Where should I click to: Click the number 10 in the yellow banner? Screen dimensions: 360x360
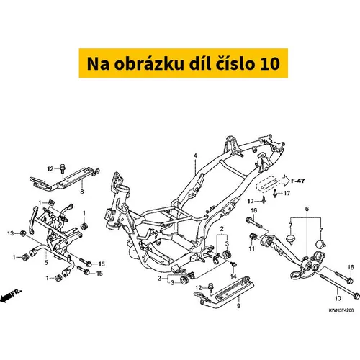[270, 63]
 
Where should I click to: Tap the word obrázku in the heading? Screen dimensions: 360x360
[150, 63]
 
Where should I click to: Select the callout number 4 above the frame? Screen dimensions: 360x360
[195, 156]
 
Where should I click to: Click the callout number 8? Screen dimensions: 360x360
[82, 192]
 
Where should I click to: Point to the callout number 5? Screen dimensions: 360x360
[46, 262]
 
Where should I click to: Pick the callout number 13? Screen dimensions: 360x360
[11, 233]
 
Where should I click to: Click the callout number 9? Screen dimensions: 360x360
[238, 306]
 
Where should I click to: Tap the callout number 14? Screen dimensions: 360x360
[233, 276]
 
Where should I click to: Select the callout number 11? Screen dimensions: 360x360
[251, 248]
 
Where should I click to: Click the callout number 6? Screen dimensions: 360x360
[307, 209]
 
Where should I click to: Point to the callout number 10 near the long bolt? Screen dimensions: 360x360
[338, 298]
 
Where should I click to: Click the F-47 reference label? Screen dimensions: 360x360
[298, 181]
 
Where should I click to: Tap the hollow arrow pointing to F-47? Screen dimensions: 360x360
[285, 181]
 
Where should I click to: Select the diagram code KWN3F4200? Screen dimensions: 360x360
[341, 310]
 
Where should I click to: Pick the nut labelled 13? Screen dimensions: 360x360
[23, 233]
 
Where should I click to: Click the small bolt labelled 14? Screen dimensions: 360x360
[233, 264]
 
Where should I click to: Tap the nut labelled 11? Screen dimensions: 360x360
[253, 236]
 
